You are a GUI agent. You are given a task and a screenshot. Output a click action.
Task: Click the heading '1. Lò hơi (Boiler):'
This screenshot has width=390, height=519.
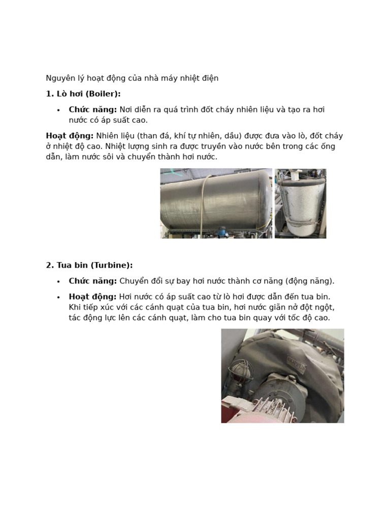(83, 94)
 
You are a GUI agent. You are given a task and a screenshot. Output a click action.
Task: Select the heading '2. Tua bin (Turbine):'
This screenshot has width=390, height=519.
(89, 265)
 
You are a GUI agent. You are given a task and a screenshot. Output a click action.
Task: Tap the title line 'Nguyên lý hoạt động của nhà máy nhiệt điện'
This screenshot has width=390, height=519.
(132, 78)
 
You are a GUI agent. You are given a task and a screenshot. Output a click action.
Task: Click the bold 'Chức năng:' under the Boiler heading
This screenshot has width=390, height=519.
(93, 109)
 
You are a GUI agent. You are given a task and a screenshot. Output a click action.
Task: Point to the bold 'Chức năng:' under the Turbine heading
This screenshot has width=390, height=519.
(93, 281)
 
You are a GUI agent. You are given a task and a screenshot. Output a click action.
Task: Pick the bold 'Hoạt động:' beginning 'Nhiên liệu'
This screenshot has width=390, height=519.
(70, 136)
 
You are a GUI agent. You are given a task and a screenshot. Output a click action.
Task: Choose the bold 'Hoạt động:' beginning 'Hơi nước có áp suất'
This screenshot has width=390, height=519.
(93, 296)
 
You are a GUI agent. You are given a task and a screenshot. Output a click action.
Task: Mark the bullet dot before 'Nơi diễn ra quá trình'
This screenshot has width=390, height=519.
(58, 110)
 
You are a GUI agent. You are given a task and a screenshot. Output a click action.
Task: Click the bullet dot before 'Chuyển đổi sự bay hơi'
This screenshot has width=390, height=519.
(58, 281)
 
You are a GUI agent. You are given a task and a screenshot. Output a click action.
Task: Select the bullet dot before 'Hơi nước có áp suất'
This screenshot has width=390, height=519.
(58, 297)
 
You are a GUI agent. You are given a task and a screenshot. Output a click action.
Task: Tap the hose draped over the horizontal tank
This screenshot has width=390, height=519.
(202, 203)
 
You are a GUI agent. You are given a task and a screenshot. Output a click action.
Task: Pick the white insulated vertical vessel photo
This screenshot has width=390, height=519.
(300, 203)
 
